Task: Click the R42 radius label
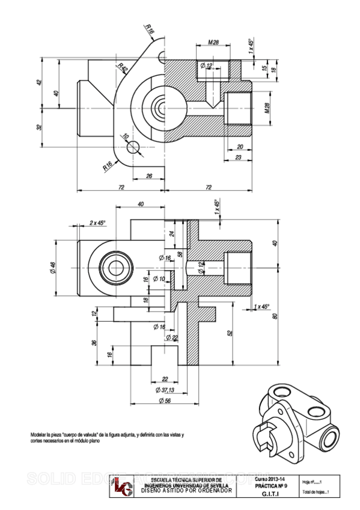click(x=123, y=68)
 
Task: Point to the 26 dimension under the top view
click(x=148, y=176)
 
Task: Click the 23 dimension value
click(x=239, y=157)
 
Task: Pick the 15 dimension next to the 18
click(x=264, y=69)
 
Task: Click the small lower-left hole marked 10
click(x=134, y=146)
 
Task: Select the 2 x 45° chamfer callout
click(x=97, y=223)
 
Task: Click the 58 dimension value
click(x=180, y=254)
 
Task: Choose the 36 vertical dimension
click(x=94, y=342)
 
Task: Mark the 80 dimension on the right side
click(x=276, y=316)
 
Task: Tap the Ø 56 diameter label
click(x=164, y=401)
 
